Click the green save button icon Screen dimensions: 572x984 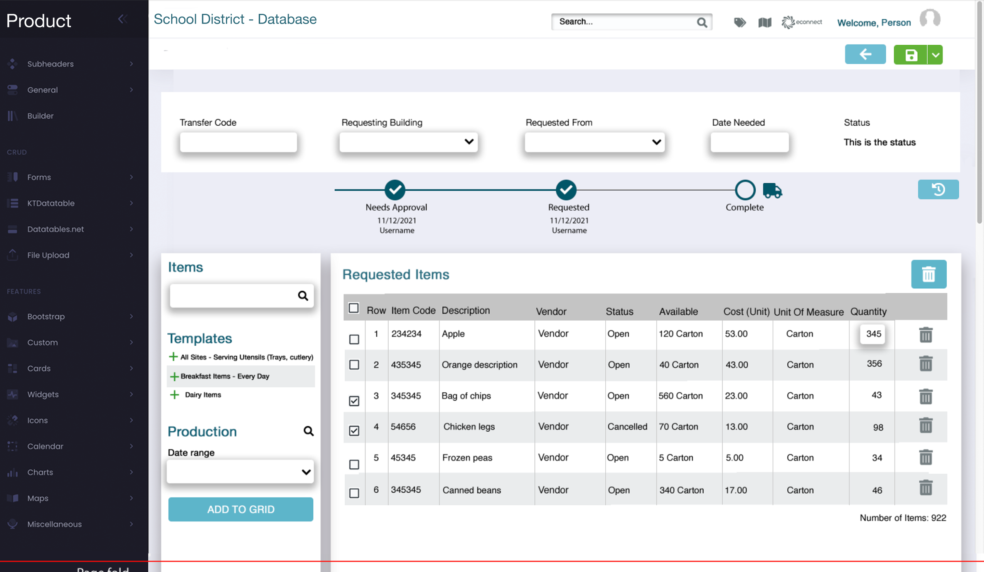(x=910, y=55)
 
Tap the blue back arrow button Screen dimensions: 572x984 (x=865, y=54)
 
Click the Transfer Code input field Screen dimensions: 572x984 (x=238, y=142)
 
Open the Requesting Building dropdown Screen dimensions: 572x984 (x=408, y=142)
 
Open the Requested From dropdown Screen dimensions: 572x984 (x=594, y=142)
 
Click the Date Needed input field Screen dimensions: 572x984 (x=749, y=142)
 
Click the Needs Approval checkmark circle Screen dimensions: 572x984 (x=395, y=190)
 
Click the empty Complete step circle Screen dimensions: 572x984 (x=745, y=190)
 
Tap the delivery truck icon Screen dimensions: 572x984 (x=772, y=190)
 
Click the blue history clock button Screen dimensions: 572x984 (x=938, y=189)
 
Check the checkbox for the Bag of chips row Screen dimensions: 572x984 (x=354, y=400)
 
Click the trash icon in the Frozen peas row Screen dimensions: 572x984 (x=925, y=457)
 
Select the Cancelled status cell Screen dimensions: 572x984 (x=627, y=427)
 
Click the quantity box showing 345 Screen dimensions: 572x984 (x=873, y=334)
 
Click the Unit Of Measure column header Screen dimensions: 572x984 (x=808, y=311)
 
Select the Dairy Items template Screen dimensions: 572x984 (x=203, y=395)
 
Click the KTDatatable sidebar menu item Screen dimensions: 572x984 (x=51, y=203)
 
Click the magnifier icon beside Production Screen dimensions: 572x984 (x=308, y=431)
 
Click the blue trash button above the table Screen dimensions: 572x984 (x=928, y=274)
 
